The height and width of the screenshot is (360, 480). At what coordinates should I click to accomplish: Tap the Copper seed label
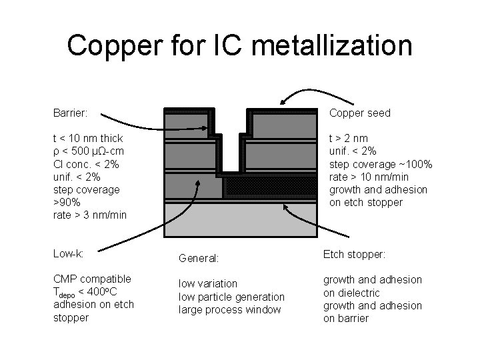(360, 113)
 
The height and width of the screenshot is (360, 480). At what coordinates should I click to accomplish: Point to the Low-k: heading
(69, 253)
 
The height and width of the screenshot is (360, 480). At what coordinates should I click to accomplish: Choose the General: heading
(200, 257)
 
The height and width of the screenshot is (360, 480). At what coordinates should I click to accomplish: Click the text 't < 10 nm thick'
(88, 139)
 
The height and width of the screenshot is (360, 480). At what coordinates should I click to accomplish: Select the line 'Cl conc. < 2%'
(86, 164)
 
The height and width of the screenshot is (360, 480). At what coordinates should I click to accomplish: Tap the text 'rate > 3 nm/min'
(89, 215)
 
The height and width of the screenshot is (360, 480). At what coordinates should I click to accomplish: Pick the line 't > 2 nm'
(349, 139)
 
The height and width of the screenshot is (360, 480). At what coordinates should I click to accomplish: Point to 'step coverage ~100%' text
(381, 164)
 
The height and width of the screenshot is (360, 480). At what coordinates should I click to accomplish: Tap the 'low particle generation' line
(231, 296)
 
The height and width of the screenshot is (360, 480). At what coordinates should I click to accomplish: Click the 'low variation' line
(207, 283)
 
